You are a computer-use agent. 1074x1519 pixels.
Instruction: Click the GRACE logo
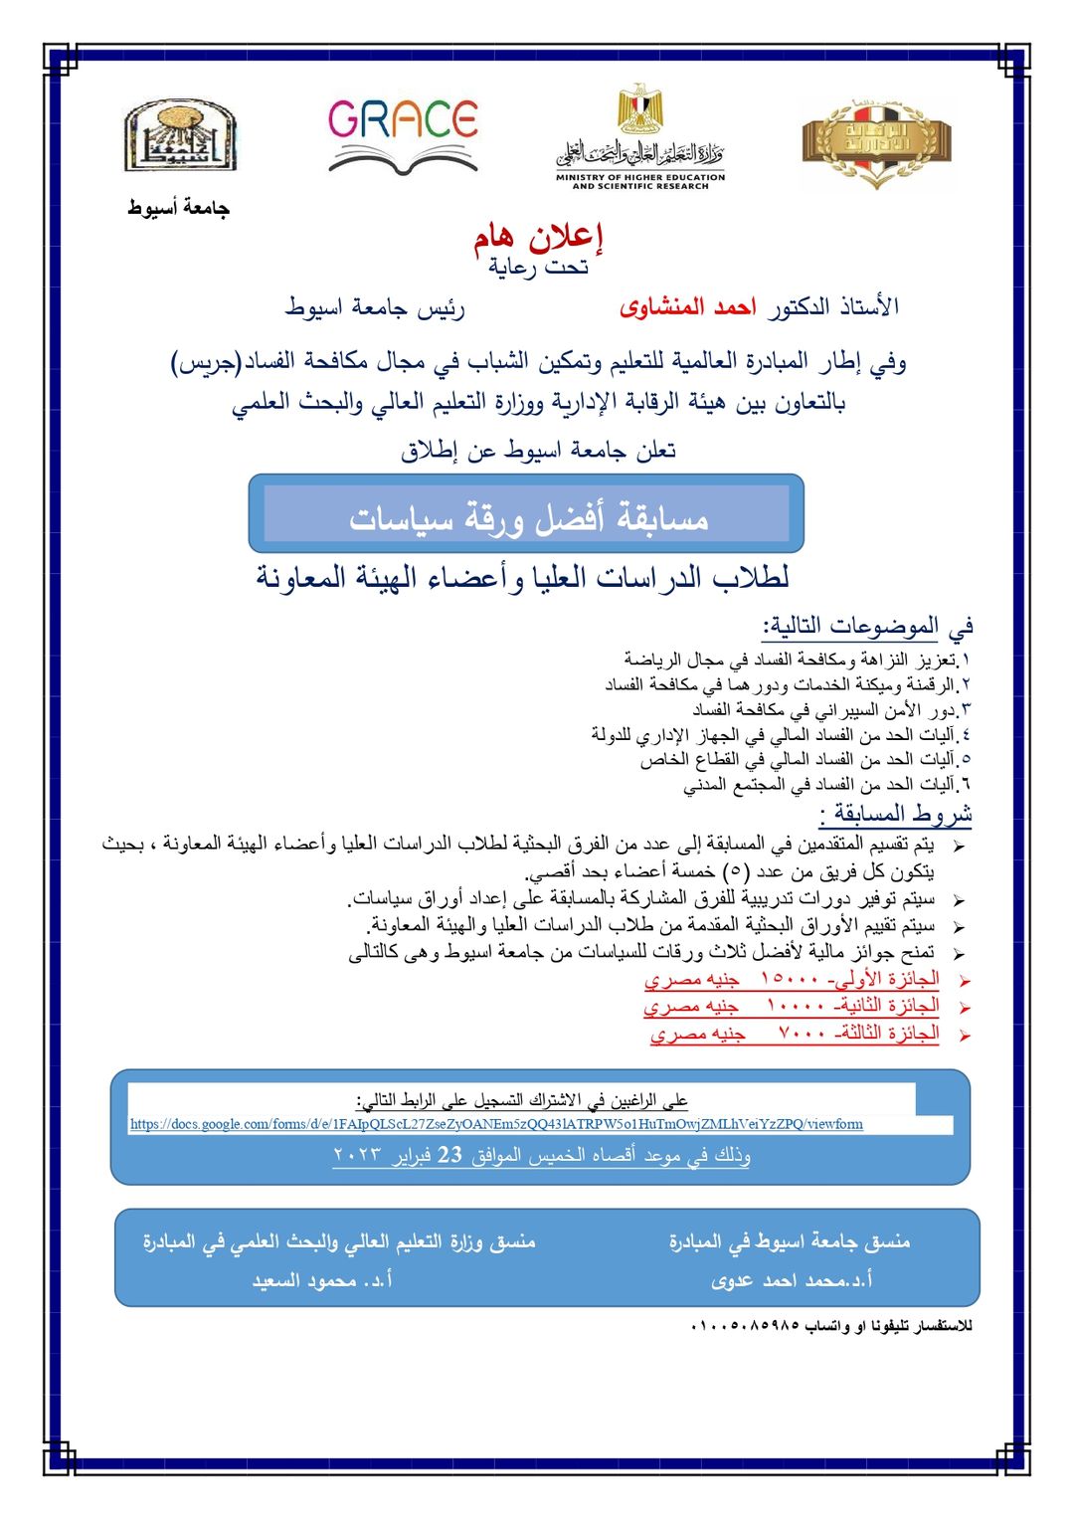(x=403, y=134)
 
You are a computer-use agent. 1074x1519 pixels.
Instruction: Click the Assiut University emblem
(x=179, y=136)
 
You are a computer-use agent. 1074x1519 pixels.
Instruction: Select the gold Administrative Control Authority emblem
(x=876, y=142)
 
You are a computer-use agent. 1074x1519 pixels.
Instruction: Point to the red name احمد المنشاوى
(x=687, y=306)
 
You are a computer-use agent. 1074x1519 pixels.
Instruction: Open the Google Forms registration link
(x=496, y=1124)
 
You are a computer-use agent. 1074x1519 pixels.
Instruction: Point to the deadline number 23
(x=449, y=1155)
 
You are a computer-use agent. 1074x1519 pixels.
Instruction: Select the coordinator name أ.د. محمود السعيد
(x=322, y=1280)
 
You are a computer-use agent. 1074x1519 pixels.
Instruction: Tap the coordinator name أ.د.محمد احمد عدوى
(x=792, y=1280)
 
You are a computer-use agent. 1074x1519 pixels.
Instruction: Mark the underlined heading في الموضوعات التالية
(x=867, y=627)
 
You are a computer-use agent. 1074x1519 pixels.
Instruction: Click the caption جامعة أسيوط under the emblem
(x=178, y=208)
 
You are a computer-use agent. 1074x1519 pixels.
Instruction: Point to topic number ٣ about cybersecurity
(x=830, y=710)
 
